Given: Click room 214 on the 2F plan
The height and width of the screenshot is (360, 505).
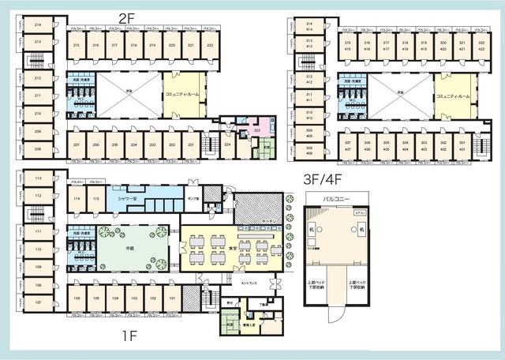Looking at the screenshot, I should click(x=37, y=24).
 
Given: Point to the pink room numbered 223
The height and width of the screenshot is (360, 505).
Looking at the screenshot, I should click(x=256, y=131).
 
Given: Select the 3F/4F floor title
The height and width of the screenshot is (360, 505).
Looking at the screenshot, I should click(x=324, y=178).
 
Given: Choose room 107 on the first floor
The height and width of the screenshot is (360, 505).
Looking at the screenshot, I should click(x=37, y=302).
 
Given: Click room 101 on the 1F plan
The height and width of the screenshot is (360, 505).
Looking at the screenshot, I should click(x=172, y=298).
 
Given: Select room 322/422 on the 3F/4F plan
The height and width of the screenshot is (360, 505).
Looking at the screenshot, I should click(x=481, y=45).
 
